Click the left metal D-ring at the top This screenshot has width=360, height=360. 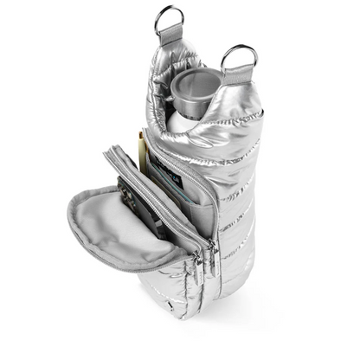168,18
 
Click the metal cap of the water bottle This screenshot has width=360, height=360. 196,87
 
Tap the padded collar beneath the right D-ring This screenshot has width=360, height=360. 242,112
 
